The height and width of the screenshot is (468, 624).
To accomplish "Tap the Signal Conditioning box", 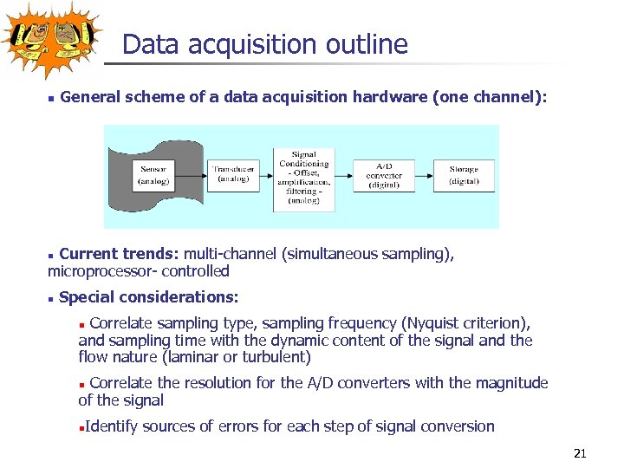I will pyautogui.click(x=304, y=178).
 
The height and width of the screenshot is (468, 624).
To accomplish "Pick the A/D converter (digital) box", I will pyautogui.click(x=384, y=175).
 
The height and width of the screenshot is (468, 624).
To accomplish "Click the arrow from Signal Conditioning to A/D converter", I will pyautogui.click(x=344, y=175).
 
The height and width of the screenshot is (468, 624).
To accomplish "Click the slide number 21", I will pyautogui.click(x=581, y=453).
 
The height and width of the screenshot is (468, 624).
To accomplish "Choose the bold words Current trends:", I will pyautogui.click(x=119, y=254).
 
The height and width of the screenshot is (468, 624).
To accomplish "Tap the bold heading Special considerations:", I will pyautogui.click(x=148, y=297).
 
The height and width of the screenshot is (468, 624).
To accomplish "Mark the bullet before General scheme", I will pyautogui.click(x=51, y=99).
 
